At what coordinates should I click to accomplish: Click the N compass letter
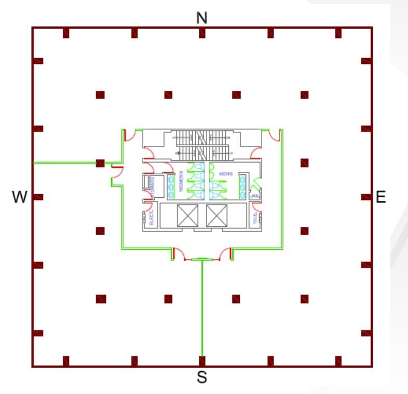pos(202,18)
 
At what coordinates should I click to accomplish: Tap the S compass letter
pos(202,378)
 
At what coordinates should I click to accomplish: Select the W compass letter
pos(20,197)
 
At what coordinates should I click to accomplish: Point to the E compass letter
pos(381,197)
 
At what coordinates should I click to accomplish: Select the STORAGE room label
pos(153,186)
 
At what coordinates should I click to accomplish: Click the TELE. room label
pos(255,219)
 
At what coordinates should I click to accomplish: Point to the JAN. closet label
pos(254,197)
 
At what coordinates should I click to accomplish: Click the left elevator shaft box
pos(187,215)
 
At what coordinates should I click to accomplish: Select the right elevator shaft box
pos(216,215)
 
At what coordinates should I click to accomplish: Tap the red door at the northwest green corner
pos(131,136)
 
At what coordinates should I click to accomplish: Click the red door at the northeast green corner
pos(275,136)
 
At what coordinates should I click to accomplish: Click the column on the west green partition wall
pos(100,163)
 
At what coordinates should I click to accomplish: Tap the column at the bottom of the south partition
pos(202,359)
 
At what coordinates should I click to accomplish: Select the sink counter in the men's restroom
pos(242,187)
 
